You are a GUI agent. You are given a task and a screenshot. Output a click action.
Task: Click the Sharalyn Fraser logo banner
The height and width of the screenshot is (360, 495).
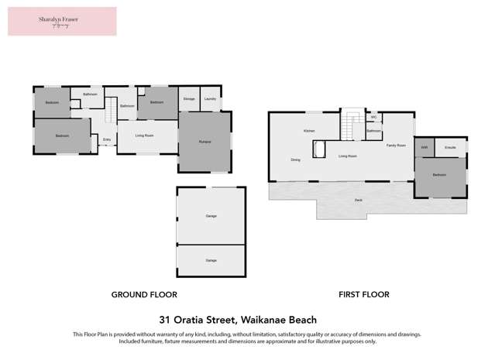[62, 21]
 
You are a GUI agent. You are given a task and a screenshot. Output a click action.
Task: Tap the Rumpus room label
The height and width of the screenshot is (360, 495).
[205, 142]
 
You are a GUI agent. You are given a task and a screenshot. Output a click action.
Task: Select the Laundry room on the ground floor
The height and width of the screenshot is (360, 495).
[210, 99]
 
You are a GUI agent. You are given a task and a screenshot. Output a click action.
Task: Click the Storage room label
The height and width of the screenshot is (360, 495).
[189, 99]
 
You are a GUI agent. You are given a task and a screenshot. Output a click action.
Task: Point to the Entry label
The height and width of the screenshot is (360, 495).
[106, 140]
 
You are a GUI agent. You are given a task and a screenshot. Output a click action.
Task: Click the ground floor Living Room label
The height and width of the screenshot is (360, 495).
[144, 135]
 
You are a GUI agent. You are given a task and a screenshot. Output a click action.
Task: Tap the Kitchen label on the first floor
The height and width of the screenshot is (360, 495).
[309, 131]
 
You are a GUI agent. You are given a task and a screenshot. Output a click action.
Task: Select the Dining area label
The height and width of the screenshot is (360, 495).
[295, 160]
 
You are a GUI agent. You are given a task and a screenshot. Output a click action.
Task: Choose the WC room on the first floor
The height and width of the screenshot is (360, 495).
[373, 118]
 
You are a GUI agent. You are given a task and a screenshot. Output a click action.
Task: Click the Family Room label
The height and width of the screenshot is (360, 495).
[396, 146]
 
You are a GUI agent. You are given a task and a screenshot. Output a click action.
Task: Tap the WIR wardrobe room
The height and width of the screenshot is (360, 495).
[425, 146]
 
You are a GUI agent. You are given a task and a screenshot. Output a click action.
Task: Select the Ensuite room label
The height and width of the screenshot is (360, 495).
[450, 146]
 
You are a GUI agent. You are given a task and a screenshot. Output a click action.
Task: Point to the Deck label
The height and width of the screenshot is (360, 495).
[358, 200]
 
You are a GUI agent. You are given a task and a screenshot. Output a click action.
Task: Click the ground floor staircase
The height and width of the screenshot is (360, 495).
[110, 109]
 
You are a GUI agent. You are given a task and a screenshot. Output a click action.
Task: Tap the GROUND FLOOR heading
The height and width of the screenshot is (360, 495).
[144, 294]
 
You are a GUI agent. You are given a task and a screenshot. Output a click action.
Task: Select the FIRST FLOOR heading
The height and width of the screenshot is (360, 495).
[363, 294]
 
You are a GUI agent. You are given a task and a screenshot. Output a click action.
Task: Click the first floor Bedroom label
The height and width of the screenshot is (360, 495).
[439, 175]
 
